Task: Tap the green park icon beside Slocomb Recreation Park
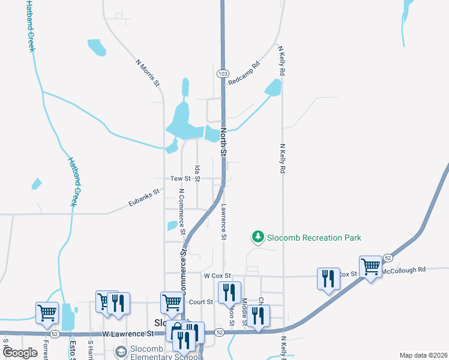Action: coord(258,238)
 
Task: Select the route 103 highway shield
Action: coord(222,73)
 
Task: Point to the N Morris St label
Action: coord(148,73)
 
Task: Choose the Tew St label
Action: coord(180,179)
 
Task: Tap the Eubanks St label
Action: coord(144,199)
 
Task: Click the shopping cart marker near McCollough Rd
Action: coord(370,265)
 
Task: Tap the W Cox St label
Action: coord(217,275)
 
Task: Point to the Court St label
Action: coord(201,302)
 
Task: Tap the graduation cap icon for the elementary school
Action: coord(121,351)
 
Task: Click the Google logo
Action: coord(20,353)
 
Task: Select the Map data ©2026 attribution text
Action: coord(424,355)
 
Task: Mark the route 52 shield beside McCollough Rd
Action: coord(388,257)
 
